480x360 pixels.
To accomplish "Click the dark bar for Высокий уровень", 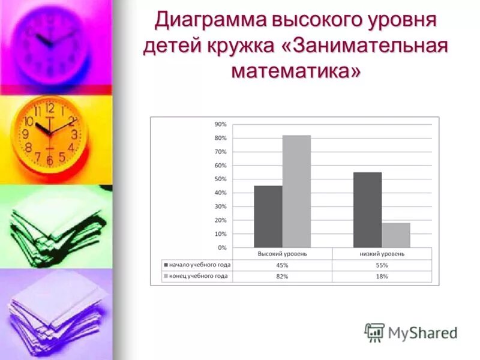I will pyautogui.click(x=268, y=217).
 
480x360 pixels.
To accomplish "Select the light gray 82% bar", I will pyautogui.click(x=296, y=191).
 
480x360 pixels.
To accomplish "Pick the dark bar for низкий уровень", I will pyautogui.click(x=367, y=210).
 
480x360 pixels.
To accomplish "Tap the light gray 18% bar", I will pyautogui.click(x=396, y=235).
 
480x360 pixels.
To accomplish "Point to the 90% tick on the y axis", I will pyautogui.click(x=220, y=124).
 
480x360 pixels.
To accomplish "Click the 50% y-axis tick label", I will pyautogui.click(x=220, y=179).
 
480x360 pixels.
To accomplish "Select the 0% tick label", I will pyautogui.click(x=222, y=247).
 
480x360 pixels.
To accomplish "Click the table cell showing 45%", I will pyautogui.click(x=282, y=265).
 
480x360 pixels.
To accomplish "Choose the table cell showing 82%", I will pyautogui.click(x=282, y=277).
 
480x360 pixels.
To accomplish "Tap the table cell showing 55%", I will pyautogui.click(x=382, y=265).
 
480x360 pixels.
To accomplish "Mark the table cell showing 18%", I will pyautogui.click(x=382, y=277).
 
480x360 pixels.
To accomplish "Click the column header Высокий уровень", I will pyautogui.click(x=282, y=254).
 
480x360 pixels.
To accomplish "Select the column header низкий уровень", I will pyautogui.click(x=382, y=254).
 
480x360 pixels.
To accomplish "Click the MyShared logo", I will pyautogui.click(x=412, y=332).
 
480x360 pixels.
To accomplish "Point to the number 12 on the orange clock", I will pyautogui.click(x=50, y=109).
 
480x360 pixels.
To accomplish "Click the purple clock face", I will pyautogui.click(x=51, y=42).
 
